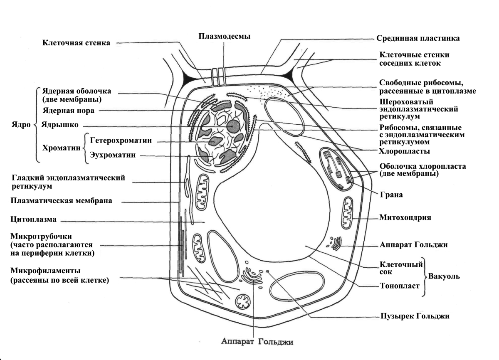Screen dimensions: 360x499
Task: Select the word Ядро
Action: point(19,124)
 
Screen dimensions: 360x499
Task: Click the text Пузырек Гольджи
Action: point(415,316)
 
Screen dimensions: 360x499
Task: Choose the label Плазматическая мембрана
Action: point(62,201)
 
